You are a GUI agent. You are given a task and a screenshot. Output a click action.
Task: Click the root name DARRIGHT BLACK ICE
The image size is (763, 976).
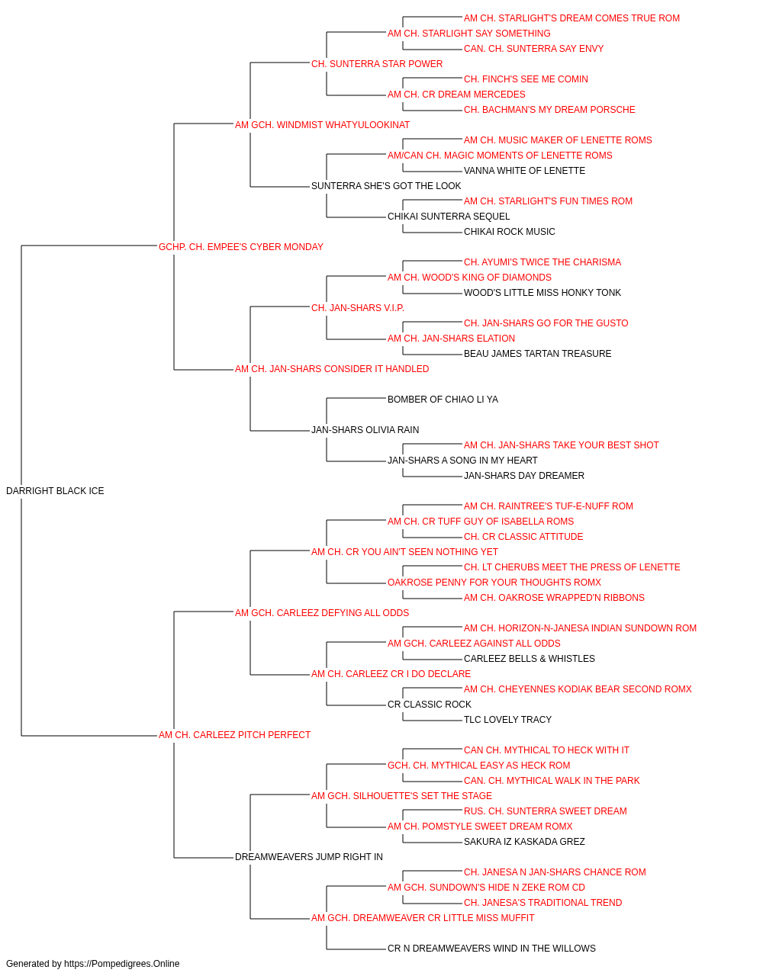pyautogui.click(x=55, y=491)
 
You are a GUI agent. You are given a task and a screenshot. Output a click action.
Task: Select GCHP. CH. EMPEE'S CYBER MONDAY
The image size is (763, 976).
pyautogui.click(x=241, y=247)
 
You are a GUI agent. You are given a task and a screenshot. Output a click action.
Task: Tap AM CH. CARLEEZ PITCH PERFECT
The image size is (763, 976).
pyautogui.click(x=234, y=735)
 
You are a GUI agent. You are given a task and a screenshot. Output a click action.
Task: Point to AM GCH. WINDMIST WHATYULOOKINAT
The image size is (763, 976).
pyautogui.click(x=322, y=125)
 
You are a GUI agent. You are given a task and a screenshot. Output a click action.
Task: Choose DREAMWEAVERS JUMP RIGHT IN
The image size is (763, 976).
pyautogui.click(x=309, y=857)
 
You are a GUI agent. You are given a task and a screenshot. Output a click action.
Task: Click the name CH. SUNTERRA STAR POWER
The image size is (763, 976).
pyautogui.click(x=377, y=64)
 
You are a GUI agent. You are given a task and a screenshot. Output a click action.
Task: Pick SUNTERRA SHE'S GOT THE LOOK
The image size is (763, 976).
pyautogui.click(x=386, y=186)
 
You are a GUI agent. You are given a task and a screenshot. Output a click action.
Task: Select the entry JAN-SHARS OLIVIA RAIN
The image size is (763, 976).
pyautogui.click(x=365, y=430)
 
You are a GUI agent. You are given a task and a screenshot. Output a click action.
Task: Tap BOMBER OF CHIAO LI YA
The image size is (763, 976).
pyautogui.click(x=443, y=400)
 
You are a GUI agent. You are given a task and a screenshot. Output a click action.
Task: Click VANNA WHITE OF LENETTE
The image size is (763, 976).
pyautogui.click(x=524, y=171)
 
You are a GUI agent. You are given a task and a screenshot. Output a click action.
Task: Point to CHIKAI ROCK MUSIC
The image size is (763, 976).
pyautogui.click(x=509, y=232)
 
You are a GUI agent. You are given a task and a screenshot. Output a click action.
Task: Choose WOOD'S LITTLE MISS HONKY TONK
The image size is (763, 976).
pyautogui.click(x=542, y=293)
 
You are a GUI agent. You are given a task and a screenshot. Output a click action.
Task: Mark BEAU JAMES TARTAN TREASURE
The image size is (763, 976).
pyautogui.click(x=537, y=354)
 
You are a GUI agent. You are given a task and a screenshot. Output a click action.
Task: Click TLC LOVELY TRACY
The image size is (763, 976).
pyautogui.click(x=507, y=720)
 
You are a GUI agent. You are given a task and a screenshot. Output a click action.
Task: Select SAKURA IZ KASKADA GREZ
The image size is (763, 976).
pyautogui.click(x=524, y=842)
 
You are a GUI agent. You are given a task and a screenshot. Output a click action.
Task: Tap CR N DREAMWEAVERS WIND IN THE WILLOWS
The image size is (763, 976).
pyautogui.click(x=491, y=948)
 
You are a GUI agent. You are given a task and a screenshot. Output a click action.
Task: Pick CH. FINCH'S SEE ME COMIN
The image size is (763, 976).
pyautogui.click(x=526, y=79)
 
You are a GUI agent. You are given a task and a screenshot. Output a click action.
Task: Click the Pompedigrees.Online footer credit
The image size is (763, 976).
pyautogui.click(x=92, y=964)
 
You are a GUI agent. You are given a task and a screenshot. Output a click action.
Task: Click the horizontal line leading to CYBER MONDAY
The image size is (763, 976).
pyautogui.click(x=89, y=246)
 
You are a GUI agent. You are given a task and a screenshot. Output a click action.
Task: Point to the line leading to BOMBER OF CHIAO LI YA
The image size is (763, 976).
pyautogui.click(x=356, y=398)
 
